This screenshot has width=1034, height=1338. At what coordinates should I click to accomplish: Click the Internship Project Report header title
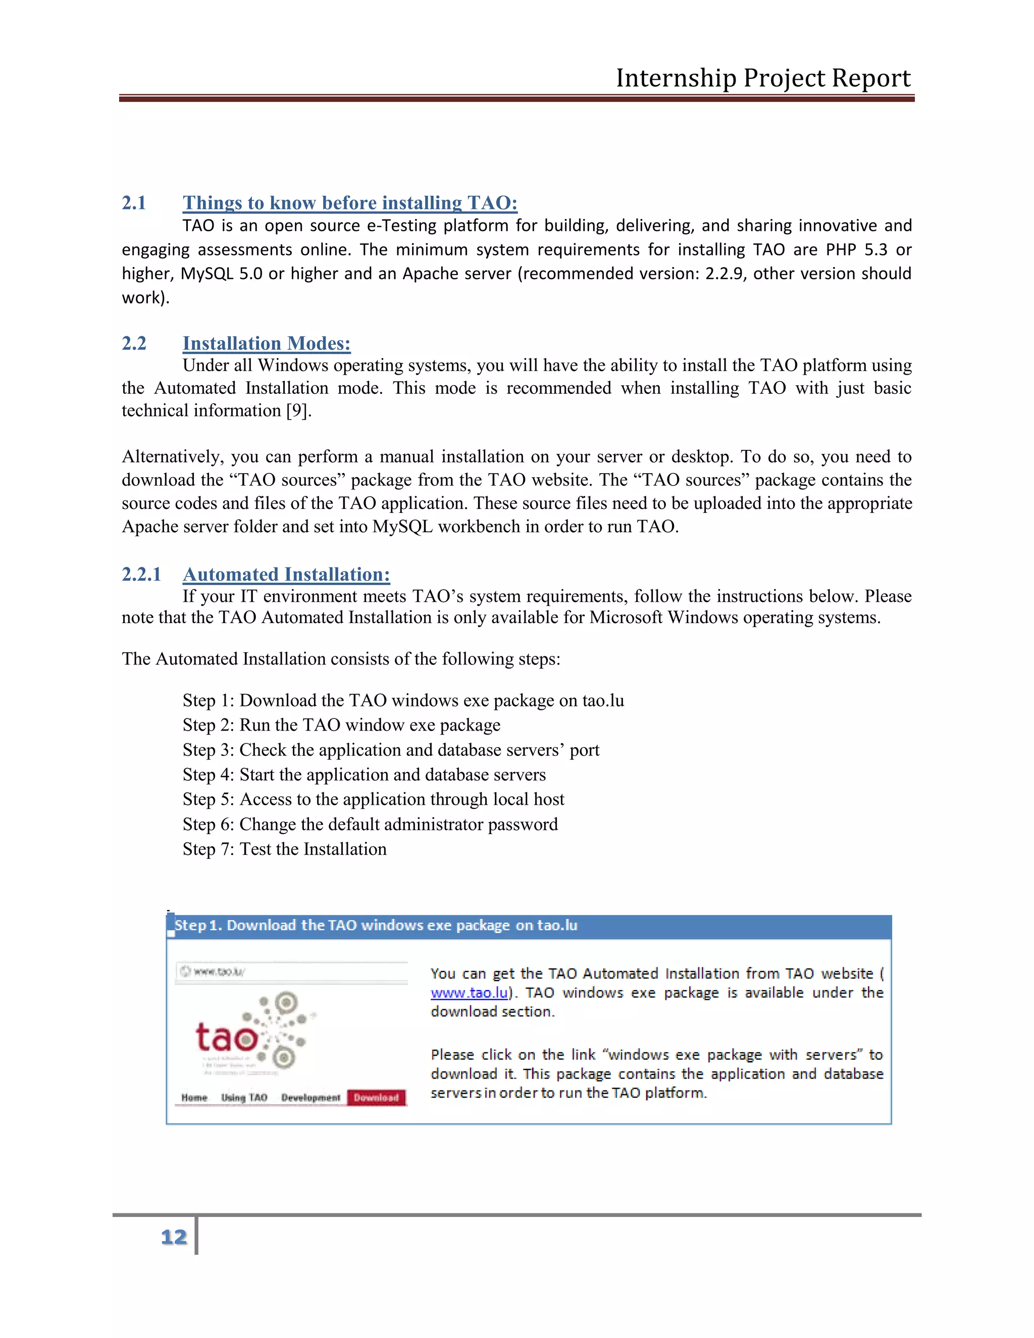point(763,78)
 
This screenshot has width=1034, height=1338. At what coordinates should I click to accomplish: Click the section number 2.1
point(134,203)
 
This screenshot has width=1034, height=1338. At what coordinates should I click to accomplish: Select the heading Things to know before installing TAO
point(350,203)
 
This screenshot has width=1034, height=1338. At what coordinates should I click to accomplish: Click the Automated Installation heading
point(286,574)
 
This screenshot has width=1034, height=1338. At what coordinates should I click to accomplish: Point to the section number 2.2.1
point(141,574)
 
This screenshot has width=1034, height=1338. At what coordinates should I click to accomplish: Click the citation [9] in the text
point(298,410)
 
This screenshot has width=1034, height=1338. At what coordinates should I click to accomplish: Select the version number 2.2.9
point(725,273)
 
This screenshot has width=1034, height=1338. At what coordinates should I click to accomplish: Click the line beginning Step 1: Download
point(403,700)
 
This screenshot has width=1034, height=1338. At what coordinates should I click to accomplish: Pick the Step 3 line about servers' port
point(391,750)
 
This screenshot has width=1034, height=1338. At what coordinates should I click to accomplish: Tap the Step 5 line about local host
point(373,799)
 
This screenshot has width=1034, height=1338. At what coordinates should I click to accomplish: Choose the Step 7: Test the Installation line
point(284,849)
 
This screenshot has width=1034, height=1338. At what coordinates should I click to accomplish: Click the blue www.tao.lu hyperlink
point(469,993)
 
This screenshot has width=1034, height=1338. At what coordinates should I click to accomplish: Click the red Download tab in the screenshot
point(376,1097)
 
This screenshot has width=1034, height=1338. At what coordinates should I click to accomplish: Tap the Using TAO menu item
point(244,1097)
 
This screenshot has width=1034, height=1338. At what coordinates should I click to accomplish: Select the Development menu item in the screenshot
point(311,1097)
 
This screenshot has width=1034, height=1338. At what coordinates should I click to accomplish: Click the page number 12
point(174,1237)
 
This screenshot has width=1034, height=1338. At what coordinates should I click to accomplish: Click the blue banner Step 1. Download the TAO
point(376,925)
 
